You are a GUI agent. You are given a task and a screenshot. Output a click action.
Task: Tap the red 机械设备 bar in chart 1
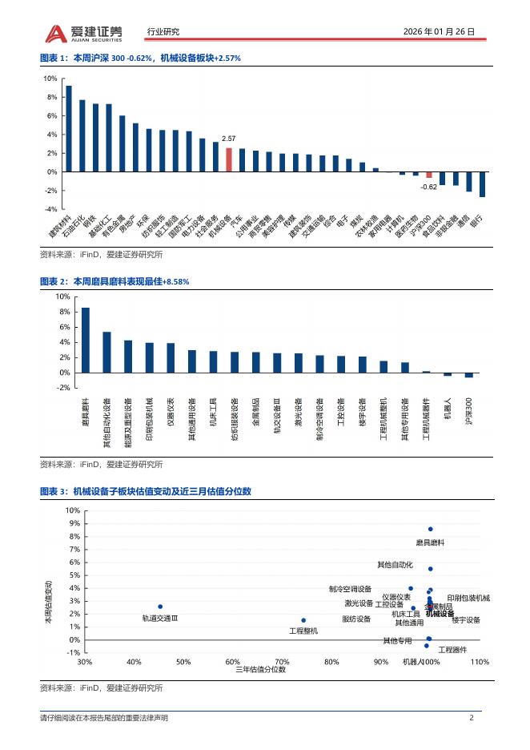(x=229, y=159)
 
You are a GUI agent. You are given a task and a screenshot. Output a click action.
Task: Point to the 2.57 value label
(x=229, y=139)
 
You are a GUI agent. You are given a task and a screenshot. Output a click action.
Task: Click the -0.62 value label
(x=428, y=187)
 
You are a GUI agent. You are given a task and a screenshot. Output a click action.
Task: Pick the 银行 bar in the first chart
(x=482, y=184)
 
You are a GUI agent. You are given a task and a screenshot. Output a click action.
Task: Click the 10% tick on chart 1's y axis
(x=50, y=79)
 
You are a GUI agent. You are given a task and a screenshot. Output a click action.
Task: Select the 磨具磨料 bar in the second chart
(x=86, y=341)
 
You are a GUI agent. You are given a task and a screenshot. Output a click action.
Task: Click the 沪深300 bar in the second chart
(x=469, y=375)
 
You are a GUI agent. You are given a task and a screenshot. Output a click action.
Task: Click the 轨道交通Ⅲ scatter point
(x=160, y=607)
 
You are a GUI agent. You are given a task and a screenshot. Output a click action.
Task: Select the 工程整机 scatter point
(x=303, y=620)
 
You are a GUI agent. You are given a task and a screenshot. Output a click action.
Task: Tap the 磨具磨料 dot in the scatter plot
(x=431, y=529)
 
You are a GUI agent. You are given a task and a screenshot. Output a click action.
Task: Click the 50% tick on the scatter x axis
(x=183, y=663)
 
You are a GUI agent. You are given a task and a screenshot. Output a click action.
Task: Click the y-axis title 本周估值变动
(x=48, y=603)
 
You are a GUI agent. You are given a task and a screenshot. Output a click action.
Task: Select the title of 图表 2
(x=114, y=282)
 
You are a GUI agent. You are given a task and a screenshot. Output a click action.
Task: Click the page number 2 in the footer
(x=472, y=718)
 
